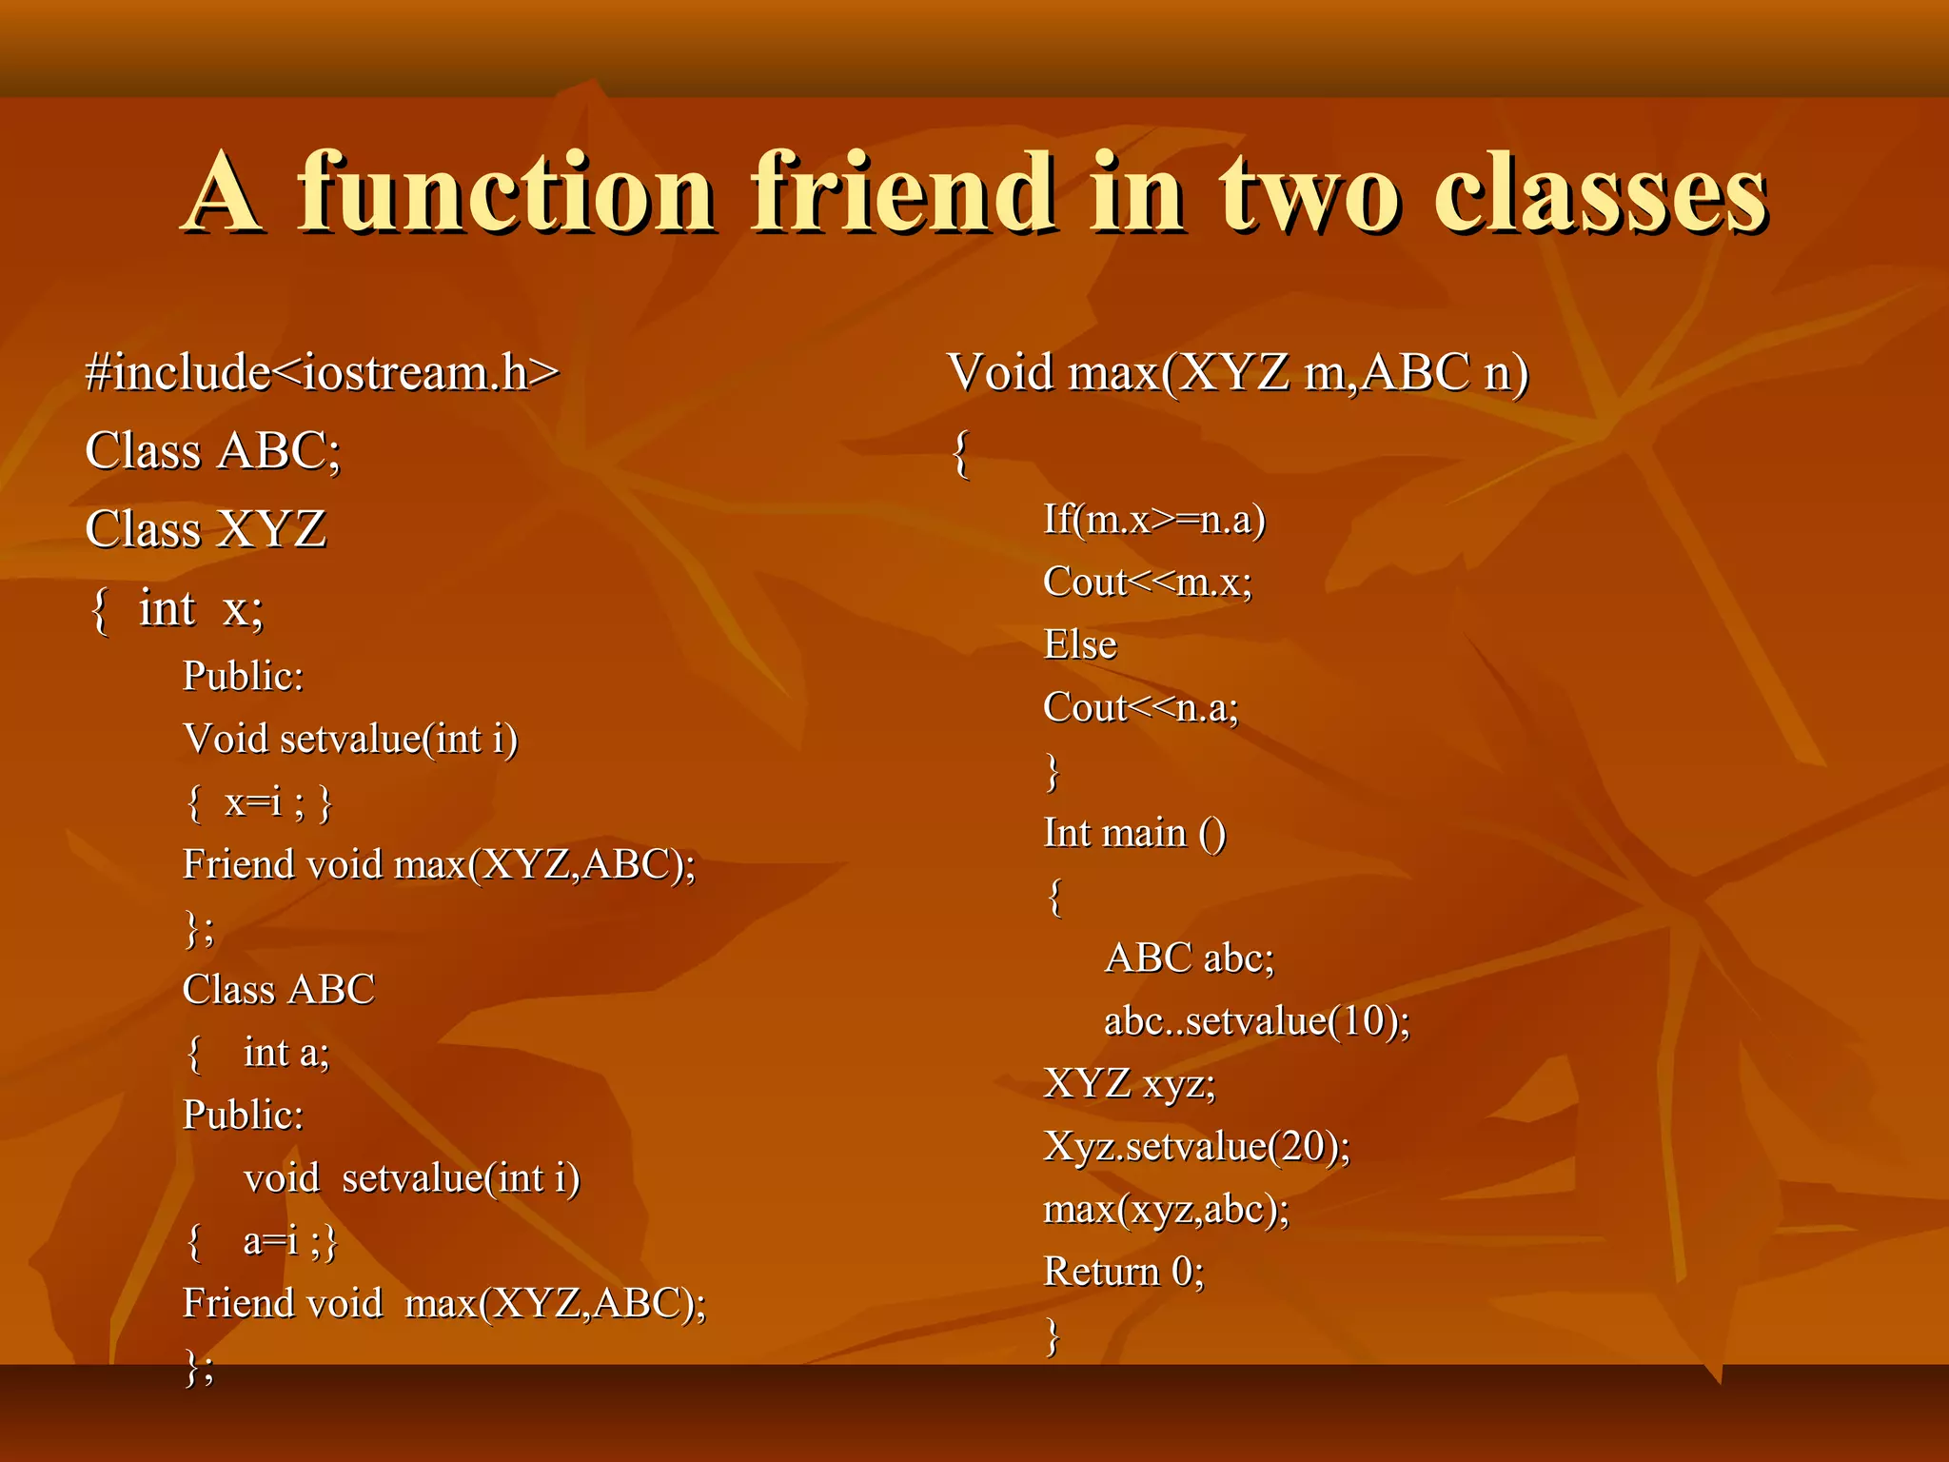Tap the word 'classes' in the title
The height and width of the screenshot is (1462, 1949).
(1599, 195)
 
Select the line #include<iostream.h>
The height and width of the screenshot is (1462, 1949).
(322, 372)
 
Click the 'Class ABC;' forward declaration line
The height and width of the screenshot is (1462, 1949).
(212, 451)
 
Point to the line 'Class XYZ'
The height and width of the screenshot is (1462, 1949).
(206, 530)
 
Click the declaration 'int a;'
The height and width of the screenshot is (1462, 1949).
(285, 1053)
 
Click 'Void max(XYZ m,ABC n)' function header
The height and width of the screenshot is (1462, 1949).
(1237, 372)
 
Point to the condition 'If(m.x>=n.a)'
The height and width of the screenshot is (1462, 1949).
(1154, 520)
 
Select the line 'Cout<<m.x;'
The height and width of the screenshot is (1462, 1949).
(1148, 582)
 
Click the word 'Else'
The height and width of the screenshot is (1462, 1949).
(1080, 645)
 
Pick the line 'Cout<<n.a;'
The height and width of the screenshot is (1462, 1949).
(1141, 708)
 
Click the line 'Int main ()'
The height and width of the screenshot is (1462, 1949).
(1134, 834)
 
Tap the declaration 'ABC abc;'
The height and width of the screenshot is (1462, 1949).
(1189, 958)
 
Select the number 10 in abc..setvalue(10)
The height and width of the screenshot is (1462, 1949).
(1363, 1021)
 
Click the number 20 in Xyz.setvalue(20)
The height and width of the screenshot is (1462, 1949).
(1303, 1146)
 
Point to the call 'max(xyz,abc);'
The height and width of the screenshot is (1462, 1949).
(1167, 1210)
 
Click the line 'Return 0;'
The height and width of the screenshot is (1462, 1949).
(1124, 1273)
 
